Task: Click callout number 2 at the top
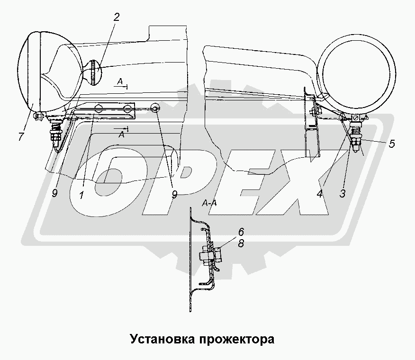pos(117,18)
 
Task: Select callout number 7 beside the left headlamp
pos(21,136)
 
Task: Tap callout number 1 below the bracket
pos(81,195)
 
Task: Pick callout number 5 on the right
pos(392,144)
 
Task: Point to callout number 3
pos(343,193)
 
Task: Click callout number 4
pos(320,194)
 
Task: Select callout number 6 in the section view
pos(241,232)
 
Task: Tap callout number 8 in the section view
pos(241,243)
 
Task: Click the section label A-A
pos(209,203)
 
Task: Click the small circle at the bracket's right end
pos(154,108)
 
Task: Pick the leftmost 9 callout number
pos(54,193)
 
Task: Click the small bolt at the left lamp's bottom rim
pos(38,116)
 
